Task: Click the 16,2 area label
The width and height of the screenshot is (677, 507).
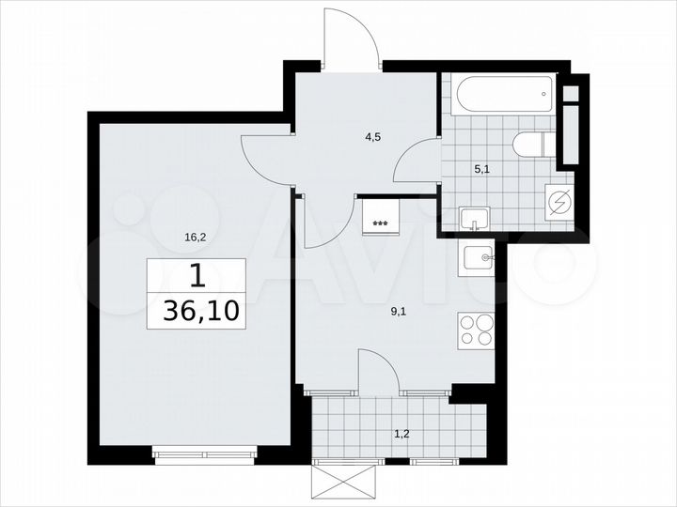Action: click(195, 238)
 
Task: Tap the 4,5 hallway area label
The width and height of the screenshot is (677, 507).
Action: click(373, 136)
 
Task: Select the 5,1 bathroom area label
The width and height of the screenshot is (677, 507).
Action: click(480, 170)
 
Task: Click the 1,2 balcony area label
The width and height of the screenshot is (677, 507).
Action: click(401, 435)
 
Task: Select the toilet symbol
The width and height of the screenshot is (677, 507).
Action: click(532, 146)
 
